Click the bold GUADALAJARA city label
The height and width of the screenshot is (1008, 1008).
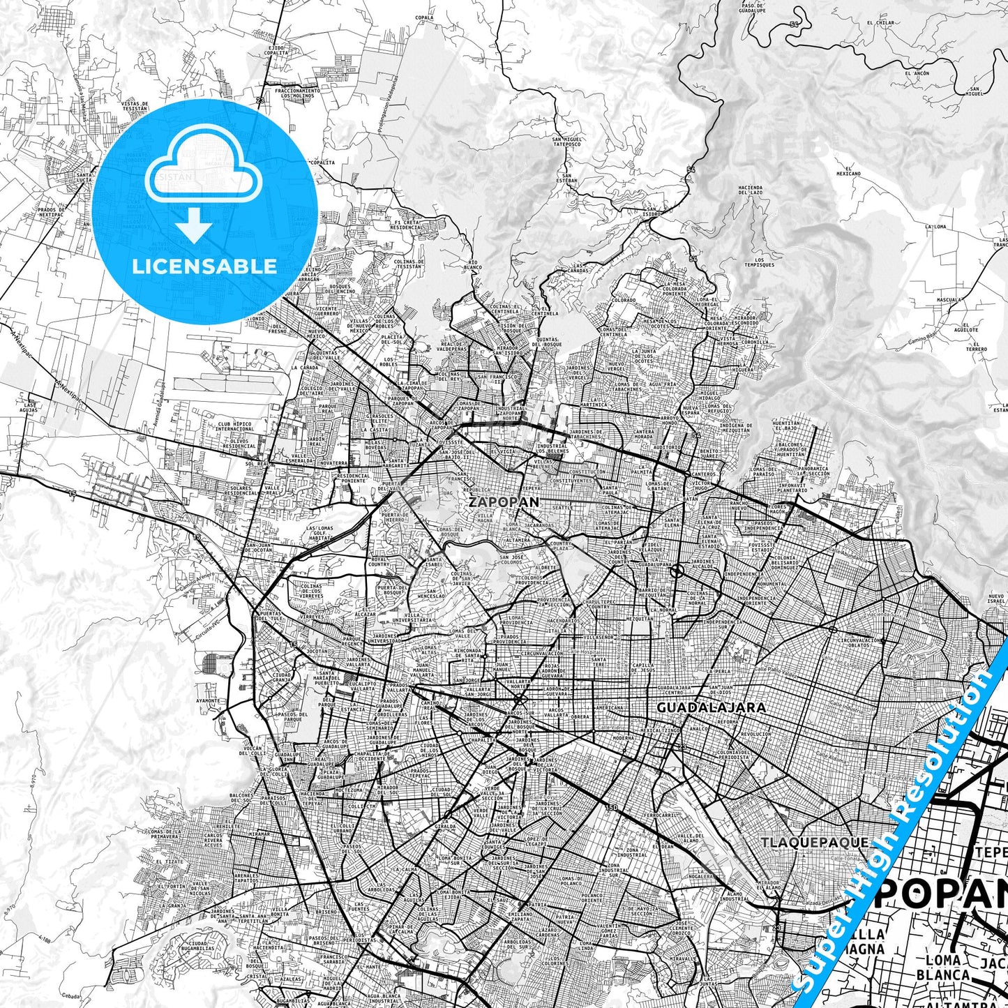(711, 707)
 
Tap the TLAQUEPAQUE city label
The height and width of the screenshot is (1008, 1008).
(815, 842)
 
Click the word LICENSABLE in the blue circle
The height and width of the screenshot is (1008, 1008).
(204, 266)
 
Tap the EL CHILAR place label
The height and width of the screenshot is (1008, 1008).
(880, 23)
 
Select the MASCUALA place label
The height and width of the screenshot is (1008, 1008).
(949, 300)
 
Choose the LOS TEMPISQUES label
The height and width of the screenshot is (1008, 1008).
(759, 263)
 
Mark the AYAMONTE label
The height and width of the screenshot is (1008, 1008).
(208, 700)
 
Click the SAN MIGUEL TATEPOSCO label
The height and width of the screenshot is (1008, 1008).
(566, 142)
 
